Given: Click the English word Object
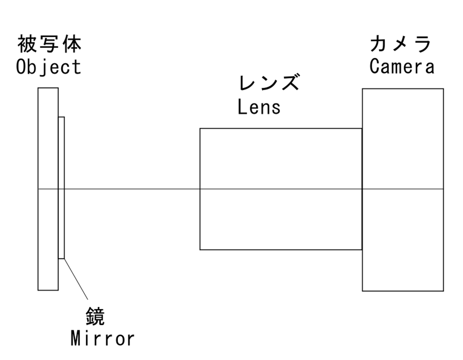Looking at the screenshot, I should (48, 67).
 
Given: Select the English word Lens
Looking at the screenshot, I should (259, 107).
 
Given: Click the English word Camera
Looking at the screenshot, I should (402, 67).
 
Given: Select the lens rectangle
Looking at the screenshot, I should (280, 158).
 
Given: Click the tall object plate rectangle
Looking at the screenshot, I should (48, 237).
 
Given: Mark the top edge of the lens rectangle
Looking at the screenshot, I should (280, 129).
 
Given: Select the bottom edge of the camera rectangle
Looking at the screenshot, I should (403, 291).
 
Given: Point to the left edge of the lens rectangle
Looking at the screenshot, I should (200, 222).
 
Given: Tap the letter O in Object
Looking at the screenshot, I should (21, 67).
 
